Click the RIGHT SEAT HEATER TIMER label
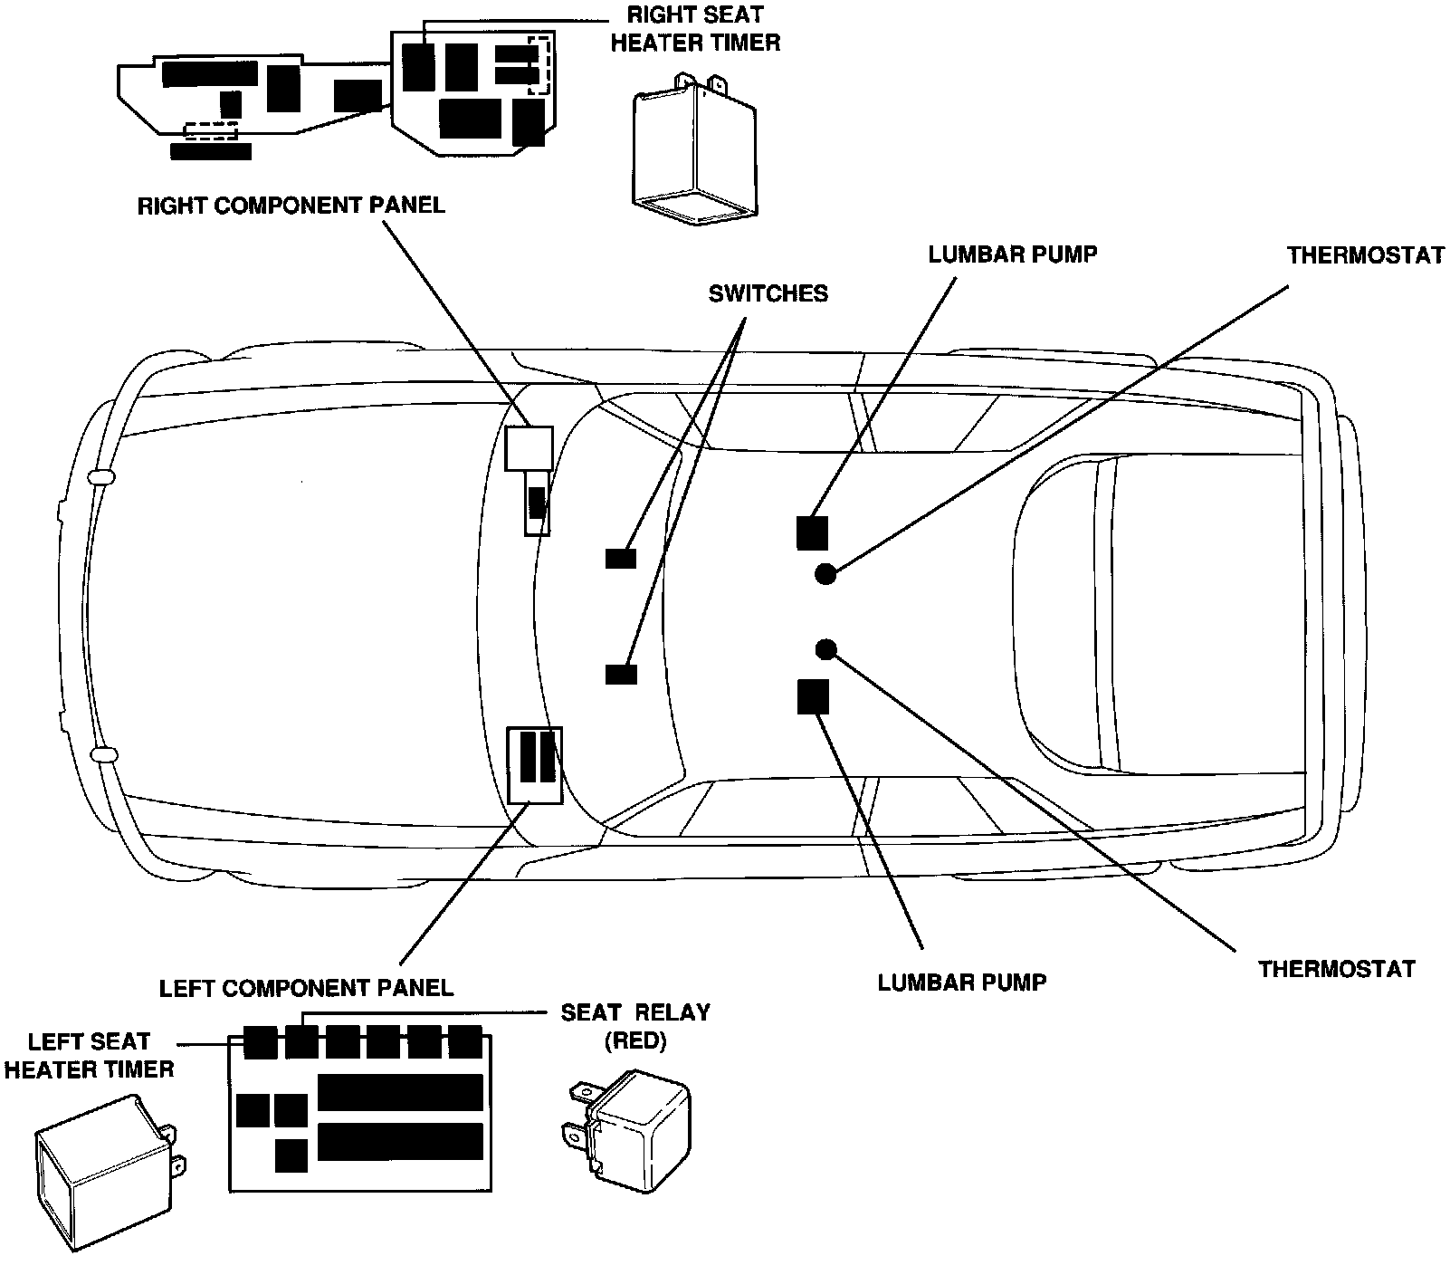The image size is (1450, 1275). click(694, 28)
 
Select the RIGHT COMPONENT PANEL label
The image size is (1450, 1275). click(291, 206)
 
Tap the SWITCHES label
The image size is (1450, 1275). click(768, 293)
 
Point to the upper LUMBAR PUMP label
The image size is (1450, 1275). click(1012, 254)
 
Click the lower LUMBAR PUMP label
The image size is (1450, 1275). click(962, 983)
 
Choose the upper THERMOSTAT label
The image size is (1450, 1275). click(1366, 255)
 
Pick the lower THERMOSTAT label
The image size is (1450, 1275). click(1336, 969)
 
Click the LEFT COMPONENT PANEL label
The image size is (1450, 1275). click(306, 987)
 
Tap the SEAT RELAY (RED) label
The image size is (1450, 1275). click(635, 1026)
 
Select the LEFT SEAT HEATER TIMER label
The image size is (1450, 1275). click(89, 1056)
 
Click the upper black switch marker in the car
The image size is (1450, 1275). click(621, 559)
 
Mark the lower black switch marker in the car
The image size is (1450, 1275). click(621, 674)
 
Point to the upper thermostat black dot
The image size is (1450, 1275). click(825, 573)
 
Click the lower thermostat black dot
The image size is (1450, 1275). click(825, 648)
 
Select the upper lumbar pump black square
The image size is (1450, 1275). click(812, 532)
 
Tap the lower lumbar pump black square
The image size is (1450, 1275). click(813, 696)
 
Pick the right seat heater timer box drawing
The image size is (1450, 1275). click(693, 149)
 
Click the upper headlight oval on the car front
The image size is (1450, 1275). click(100, 476)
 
